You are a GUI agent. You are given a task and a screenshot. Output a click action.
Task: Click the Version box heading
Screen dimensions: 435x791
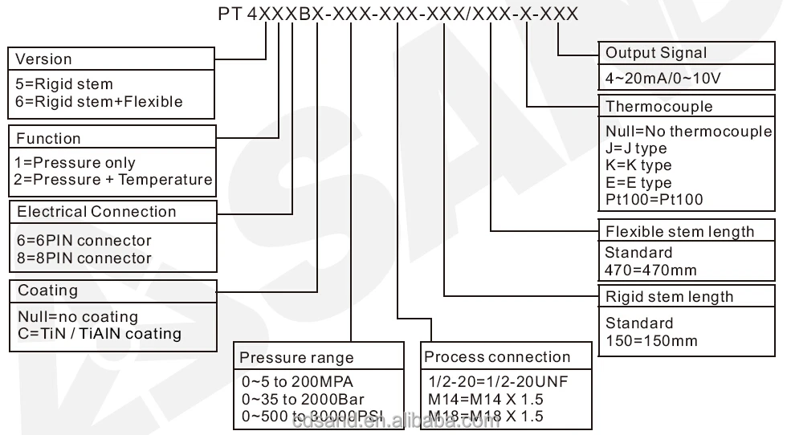[x=43, y=59]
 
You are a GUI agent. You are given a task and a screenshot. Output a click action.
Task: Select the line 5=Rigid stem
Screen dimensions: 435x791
[x=64, y=84]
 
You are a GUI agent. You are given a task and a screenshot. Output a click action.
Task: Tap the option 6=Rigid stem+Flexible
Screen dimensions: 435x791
[x=99, y=102]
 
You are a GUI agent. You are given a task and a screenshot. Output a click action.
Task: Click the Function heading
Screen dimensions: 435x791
[x=48, y=139]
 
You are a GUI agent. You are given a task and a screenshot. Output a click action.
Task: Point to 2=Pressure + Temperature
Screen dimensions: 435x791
[x=113, y=180]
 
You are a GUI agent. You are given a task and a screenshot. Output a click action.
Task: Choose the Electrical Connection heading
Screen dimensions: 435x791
[x=96, y=212]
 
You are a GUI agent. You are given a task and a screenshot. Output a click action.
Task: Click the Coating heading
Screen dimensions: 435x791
[x=48, y=291]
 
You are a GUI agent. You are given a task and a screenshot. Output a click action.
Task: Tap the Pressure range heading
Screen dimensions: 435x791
[x=297, y=358]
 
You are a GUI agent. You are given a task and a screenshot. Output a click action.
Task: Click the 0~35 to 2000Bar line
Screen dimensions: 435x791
[x=303, y=399]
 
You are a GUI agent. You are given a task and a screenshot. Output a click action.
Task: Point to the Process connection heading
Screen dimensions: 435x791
[x=497, y=357]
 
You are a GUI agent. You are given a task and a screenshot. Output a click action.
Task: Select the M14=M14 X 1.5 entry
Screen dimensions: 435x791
[x=487, y=399]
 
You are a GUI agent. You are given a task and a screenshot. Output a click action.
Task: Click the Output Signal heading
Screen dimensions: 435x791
[x=656, y=54]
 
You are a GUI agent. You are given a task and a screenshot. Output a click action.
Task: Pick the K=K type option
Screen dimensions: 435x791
[x=638, y=165]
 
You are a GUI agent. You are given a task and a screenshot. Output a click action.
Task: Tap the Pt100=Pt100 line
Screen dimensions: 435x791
[x=654, y=199]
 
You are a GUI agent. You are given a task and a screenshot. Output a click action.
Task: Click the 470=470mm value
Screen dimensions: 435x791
[x=650, y=270]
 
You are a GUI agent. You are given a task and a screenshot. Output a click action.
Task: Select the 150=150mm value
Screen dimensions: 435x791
[x=651, y=340]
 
